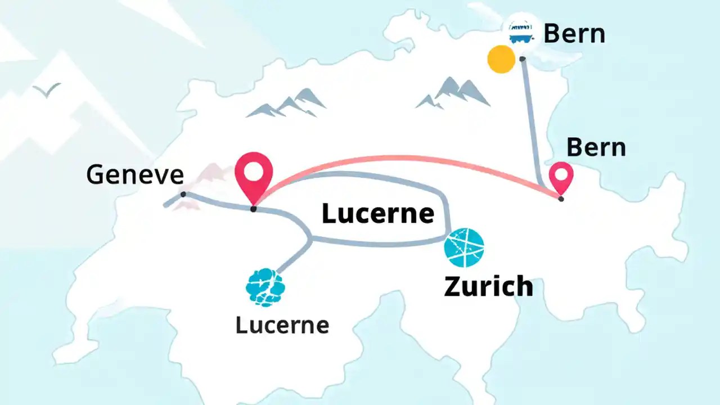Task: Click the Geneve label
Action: pos(135,175)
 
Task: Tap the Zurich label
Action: pos(488,286)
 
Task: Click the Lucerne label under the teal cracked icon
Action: pos(282,325)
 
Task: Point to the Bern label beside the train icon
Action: pos(574,34)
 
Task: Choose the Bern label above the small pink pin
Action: pos(596,147)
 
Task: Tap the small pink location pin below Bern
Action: pos(561,177)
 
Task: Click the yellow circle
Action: pos(501,59)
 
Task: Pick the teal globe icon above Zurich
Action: pos(464,247)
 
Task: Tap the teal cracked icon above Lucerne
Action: pos(265,287)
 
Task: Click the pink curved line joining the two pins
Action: pos(405,159)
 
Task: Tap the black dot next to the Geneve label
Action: pos(183,194)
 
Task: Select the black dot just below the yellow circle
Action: pos(523,58)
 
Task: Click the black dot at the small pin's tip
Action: pos(561,199)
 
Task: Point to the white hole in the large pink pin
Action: pos(254,170)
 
